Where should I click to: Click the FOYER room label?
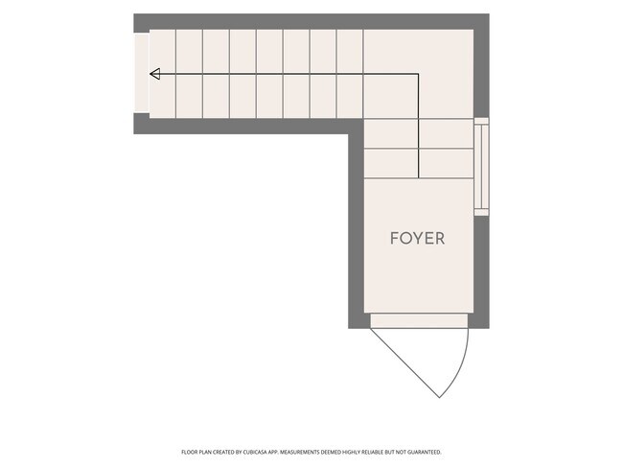[x=417, y=238]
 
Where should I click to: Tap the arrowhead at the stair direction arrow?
[x=154, y=74]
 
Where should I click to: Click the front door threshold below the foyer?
[x=419, y=321]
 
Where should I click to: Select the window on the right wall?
[x=481, y=167]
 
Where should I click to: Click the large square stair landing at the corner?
[x=419, y=74]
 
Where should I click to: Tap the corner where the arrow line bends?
[x=419, y=74]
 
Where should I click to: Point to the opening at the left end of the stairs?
[x=142, y=74]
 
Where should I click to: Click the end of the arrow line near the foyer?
[x=419, y=177]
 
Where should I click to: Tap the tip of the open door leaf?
[x=439, y=398]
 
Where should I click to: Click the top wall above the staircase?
[x=311, y=21]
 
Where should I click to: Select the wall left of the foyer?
[x=356, y=230]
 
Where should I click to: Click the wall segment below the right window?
[x=481, y=272]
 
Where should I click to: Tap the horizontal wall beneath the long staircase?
[x=248, y=126]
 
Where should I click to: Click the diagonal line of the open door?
[x=404, y=363]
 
